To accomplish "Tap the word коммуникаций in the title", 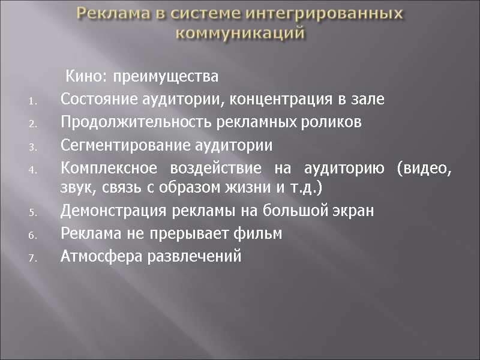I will [x=240, y=32].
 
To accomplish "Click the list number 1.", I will [x=33, y=101].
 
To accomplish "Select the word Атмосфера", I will [x=98, y=257].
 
